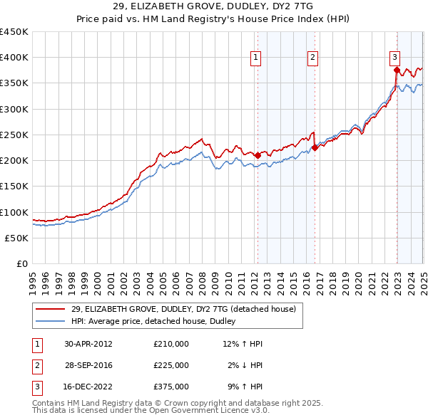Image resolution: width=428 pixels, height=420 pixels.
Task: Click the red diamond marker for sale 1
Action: tap(258, 154)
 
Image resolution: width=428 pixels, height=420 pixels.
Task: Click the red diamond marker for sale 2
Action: tap(315, 148)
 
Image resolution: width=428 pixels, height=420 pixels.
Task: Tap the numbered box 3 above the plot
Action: tap(394, 58)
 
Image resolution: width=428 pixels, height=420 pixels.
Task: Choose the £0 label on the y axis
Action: tap(23, 264)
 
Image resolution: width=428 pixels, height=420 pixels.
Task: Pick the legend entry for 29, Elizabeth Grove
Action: tap(187, 309)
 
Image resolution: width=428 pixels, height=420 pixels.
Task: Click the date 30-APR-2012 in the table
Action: tap(88, 344)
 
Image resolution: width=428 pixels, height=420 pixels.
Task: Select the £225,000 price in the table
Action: tap(171, 365)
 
